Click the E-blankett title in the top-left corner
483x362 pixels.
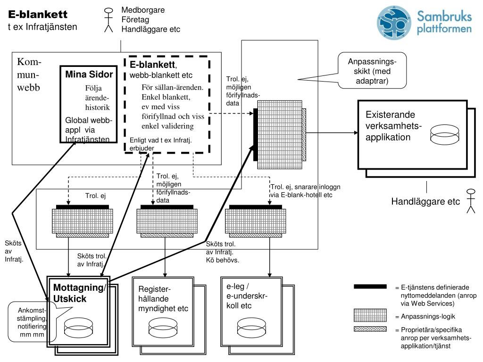[38, 14]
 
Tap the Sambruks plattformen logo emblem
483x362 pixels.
[394, 23]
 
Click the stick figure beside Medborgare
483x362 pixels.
[108, 20]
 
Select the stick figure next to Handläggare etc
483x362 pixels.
[471, 201]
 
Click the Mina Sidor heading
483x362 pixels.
[89, 74]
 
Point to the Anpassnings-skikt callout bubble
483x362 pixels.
[372, 71]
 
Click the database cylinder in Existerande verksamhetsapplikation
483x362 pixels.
[444, 134]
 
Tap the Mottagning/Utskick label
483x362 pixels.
[79, 293]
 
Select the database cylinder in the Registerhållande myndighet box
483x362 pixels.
[163, 327]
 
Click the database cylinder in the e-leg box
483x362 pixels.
[252, 327]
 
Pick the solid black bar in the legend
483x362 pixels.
[370, 287]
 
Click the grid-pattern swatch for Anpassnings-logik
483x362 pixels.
[370, 315]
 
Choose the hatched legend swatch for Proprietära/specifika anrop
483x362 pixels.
[370, 329]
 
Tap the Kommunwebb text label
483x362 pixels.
[29, 74]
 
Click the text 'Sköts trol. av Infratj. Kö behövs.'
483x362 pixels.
[223, 252]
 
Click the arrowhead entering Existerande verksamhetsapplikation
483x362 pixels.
[356, 132]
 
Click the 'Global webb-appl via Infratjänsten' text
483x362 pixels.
[89, 130]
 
